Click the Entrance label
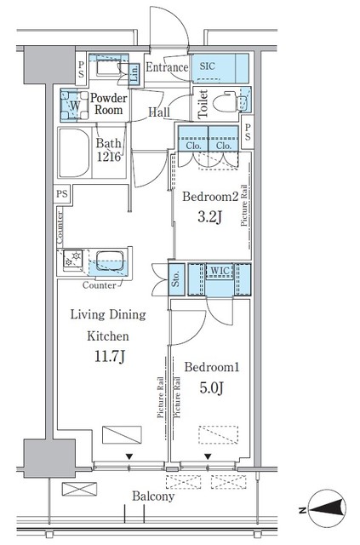[x=167, y=66]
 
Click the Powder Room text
[x=108, y=104]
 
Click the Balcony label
[x=153, y=496]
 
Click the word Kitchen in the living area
[x=108, y=336]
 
